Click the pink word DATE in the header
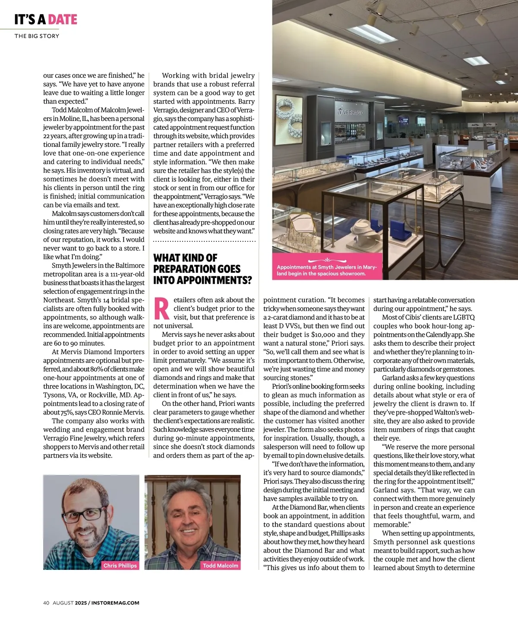[63, 19]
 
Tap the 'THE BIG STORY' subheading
[37, 36]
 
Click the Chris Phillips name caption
[120, 565]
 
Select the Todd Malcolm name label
[221, 565]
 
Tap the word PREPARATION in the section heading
[197, 269]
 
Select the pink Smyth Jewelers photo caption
[327, 270]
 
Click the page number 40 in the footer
[46, 603]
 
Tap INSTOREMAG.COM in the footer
[116, 603]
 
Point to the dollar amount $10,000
[324, 335]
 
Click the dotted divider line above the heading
[204, 241]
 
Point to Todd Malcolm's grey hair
[192, 493]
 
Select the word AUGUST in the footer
[63, 603]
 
